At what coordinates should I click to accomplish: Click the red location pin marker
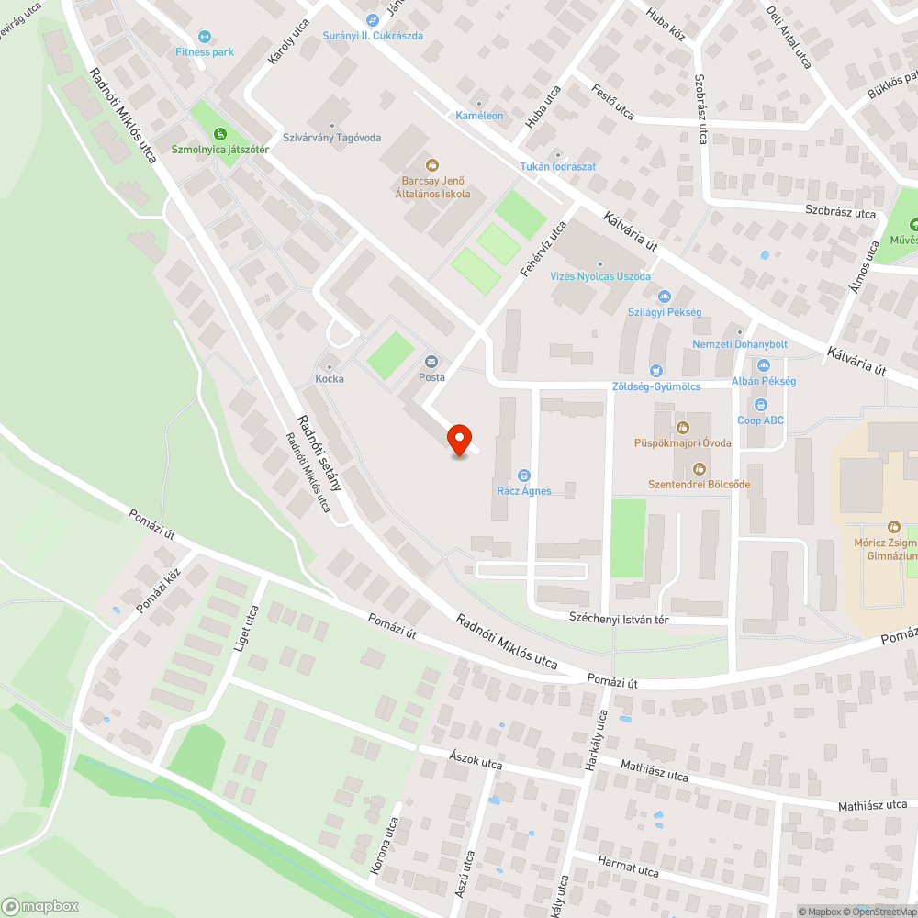[x=459, y=440]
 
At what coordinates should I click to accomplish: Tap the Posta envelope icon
[x=431, y=362]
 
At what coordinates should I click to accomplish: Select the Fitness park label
[x=205, y=52]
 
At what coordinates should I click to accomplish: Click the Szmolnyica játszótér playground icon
[x=219, y=134]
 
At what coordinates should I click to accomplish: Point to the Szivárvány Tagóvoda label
[x=331, y=138]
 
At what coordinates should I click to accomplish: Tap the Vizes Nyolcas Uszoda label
[x=599, y=276]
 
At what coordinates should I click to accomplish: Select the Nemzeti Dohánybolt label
[x=740, y=344]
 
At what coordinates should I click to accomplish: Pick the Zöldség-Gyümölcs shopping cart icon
[x=655, y=370]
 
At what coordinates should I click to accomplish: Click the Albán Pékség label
[x=763, y=381]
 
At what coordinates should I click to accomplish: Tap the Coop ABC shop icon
[x=760, y=405]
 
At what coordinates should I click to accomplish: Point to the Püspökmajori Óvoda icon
[x=682, y=427]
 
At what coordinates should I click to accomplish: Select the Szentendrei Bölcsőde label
[x=699, y=484]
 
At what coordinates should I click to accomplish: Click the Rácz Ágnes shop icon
[x=524, y=475]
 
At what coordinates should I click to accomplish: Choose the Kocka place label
[x=330, y=378]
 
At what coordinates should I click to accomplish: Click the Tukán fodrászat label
[x=558, y=166]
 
